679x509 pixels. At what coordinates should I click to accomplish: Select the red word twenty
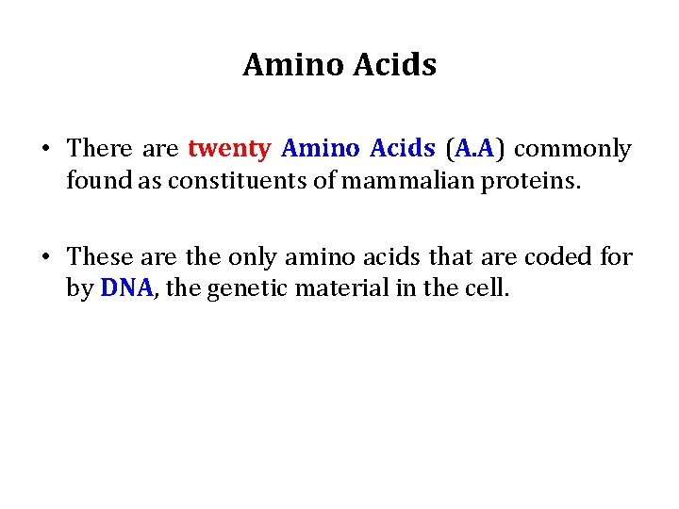(x=230, y=149)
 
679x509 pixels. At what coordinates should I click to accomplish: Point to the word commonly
(x=572, y=149)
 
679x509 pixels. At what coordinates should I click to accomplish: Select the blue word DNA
(x=125, y=288)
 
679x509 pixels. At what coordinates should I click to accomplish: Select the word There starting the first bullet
(x=100, y=149)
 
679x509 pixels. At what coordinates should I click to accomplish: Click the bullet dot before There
(x=44, y=150)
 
